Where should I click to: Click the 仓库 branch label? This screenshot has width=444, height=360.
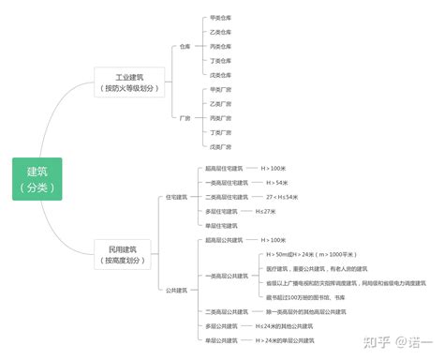pyautogui.click(x=185, y=45)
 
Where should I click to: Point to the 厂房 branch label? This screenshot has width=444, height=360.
pyautogui.click(x=185, y=118)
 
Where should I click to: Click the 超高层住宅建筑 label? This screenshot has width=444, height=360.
pyautogui.click(x=226, y=168)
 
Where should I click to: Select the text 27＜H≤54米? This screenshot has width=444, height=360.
pyautogui.click(x=282, y=197)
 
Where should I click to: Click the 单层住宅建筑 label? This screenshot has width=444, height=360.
pyautogui.click(x=222, y=226)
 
